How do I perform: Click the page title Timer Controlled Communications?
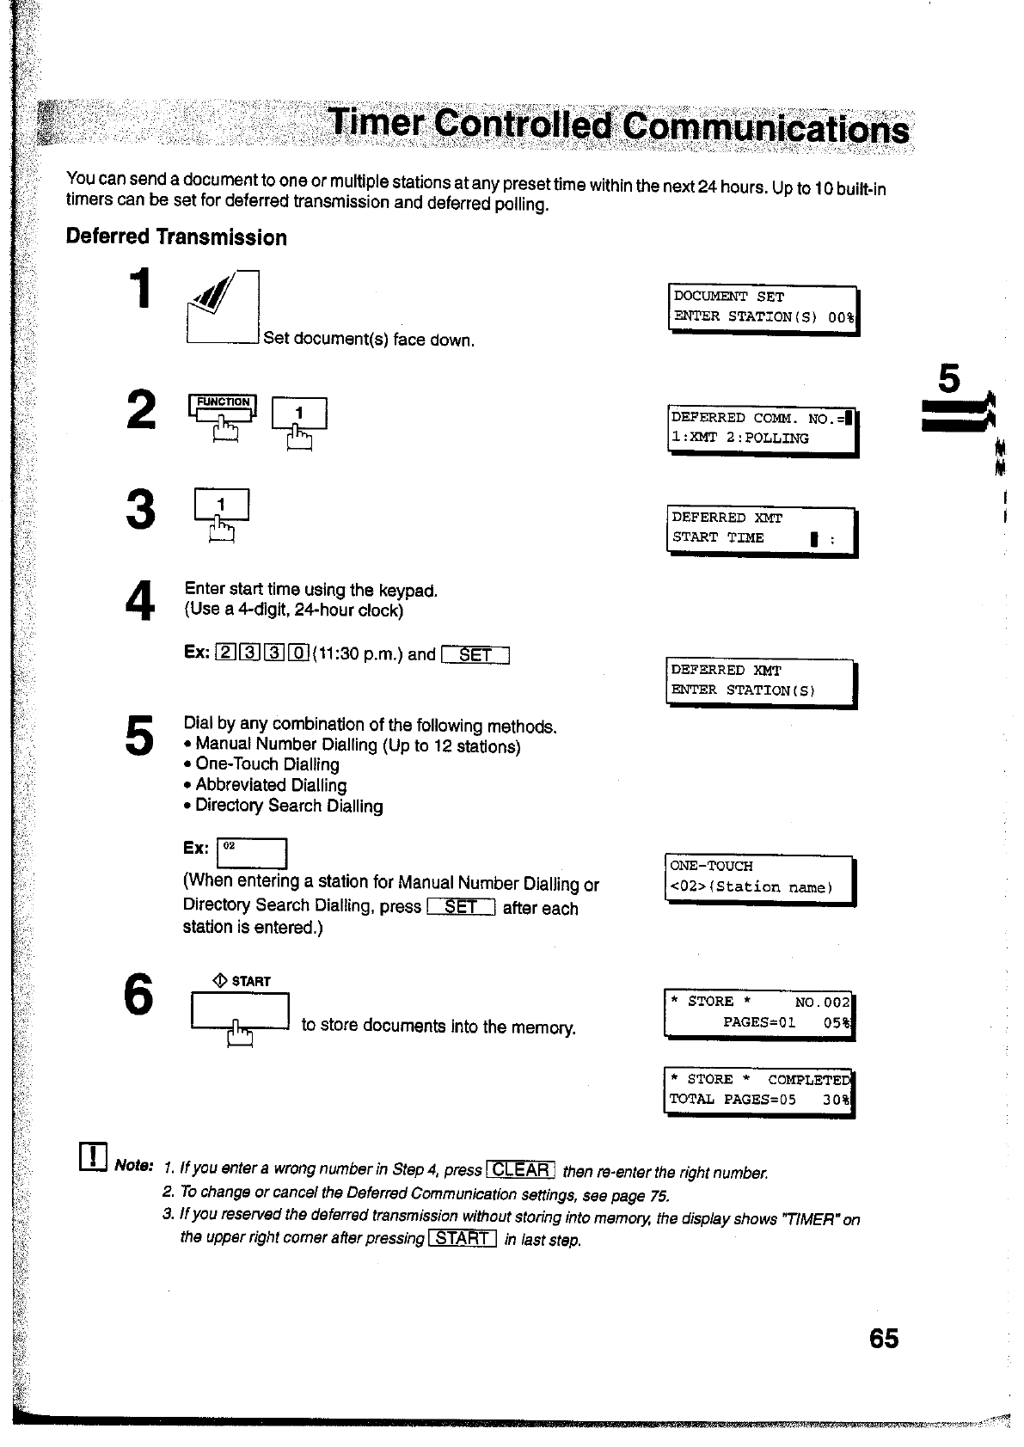pos(619,127)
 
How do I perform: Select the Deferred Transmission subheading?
pos(176,237)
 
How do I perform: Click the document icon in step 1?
pos(223,308)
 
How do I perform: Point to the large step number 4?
pos(138,599)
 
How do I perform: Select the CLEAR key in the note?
pos(521,1169)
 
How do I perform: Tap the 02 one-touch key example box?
pos(251,853)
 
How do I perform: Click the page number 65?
pos(883,1339)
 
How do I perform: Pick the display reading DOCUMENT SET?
pos(763,308)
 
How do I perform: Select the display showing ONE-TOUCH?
pos(759,877)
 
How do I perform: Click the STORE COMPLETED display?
pos(759,1089)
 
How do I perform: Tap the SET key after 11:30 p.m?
pos(475,655)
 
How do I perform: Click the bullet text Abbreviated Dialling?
pos(271,785)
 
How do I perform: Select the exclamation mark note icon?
pos(92,1157)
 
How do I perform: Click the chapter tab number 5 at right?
pos(948,379)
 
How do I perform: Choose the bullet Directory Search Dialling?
pos(289,806)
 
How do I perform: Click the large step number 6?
pos(138,995)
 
